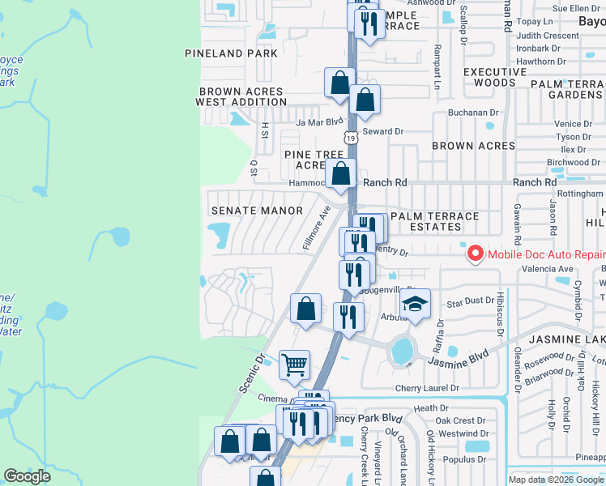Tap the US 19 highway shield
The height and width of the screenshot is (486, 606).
tap(351, 138)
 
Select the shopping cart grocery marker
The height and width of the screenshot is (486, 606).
tap(295, 364)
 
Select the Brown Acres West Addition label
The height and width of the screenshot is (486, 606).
tap(241, 97)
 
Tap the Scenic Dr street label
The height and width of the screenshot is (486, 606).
tap(252, 373)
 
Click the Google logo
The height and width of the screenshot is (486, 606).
tap(27, 476)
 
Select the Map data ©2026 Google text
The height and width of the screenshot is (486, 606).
tap(556, 480)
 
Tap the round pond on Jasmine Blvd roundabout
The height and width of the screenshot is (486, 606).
tap(401, 351)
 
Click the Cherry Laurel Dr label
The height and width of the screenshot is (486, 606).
tap(428, 388)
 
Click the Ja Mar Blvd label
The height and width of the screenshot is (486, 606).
tap(320, 122)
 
